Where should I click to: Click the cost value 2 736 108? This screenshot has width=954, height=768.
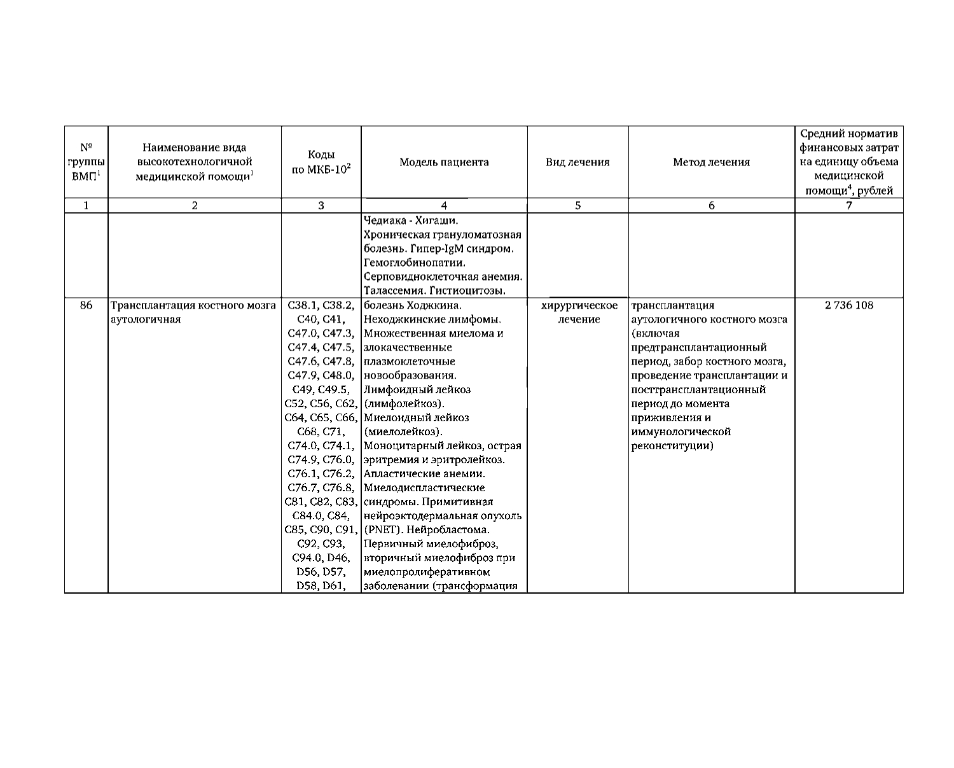coord(849,305)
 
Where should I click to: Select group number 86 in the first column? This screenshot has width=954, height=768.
coord(86,305)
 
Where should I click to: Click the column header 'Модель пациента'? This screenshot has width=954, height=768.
coord(444,162)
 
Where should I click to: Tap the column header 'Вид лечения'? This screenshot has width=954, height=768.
coord(577,162)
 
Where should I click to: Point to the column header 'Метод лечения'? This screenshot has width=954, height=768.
coord(711,162)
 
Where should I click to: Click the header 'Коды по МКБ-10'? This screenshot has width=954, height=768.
coord(321,162)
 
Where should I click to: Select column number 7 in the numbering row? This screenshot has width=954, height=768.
coord(848,206)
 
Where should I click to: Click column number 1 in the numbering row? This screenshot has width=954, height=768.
coord(86,206)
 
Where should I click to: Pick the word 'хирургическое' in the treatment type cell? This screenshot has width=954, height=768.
coord(579,305)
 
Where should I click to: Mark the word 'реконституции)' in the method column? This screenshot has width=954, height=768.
coord(672,446)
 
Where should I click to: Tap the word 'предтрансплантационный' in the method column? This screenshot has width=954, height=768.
coord(699,347)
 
